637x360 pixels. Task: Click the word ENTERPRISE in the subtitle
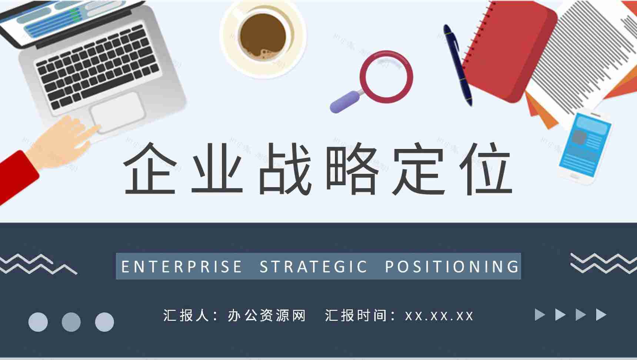click(x=181, y=267)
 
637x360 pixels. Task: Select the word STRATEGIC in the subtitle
click(x=313, y=267)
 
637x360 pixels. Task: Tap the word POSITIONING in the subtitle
click(x=452, y=267)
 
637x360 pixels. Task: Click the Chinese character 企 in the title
click(x=150, y=169)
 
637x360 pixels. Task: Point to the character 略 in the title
click(x=352, y=169)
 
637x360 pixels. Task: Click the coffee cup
click(x=263, y=37)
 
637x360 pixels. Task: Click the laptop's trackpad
click(x=117, y=111)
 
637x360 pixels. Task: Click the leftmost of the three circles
click(x=38, y=322)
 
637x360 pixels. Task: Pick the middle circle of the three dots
click(x=71, y=322)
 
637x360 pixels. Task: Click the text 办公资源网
click(x=267, y=316)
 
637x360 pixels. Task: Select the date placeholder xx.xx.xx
click(x=439, y=316)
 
